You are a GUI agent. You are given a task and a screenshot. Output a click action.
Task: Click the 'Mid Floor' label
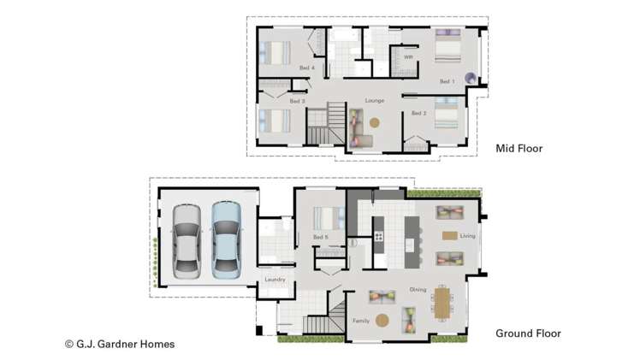(519, 149)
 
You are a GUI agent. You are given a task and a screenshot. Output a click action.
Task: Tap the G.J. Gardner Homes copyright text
(120, 344)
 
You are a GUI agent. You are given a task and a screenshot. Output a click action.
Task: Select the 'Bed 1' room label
(447, 82)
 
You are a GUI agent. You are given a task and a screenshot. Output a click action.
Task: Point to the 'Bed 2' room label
(418, 113)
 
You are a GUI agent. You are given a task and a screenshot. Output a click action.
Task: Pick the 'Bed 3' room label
(297, 102)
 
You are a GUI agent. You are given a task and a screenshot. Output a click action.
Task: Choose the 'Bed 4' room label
(307, 68)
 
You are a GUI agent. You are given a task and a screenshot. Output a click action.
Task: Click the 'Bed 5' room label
(321, 237)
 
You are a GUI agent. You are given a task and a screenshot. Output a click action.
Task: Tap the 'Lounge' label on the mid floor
(374, 101)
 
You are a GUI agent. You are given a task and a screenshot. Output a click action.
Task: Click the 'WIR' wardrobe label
(408, 58)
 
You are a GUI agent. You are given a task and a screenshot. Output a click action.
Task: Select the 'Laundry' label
(275, 280)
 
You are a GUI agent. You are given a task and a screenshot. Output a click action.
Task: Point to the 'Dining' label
(418, 289)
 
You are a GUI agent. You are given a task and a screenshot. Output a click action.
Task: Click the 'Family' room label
(362, 321)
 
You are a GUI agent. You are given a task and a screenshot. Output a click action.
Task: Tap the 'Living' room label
(467, 236)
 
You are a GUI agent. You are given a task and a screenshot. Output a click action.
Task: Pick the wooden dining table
(442, 302)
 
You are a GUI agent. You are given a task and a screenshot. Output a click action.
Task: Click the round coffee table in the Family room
(382, 321)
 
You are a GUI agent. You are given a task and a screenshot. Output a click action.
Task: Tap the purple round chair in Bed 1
(470, 77)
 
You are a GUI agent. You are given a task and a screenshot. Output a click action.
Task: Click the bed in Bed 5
(326, 217)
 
